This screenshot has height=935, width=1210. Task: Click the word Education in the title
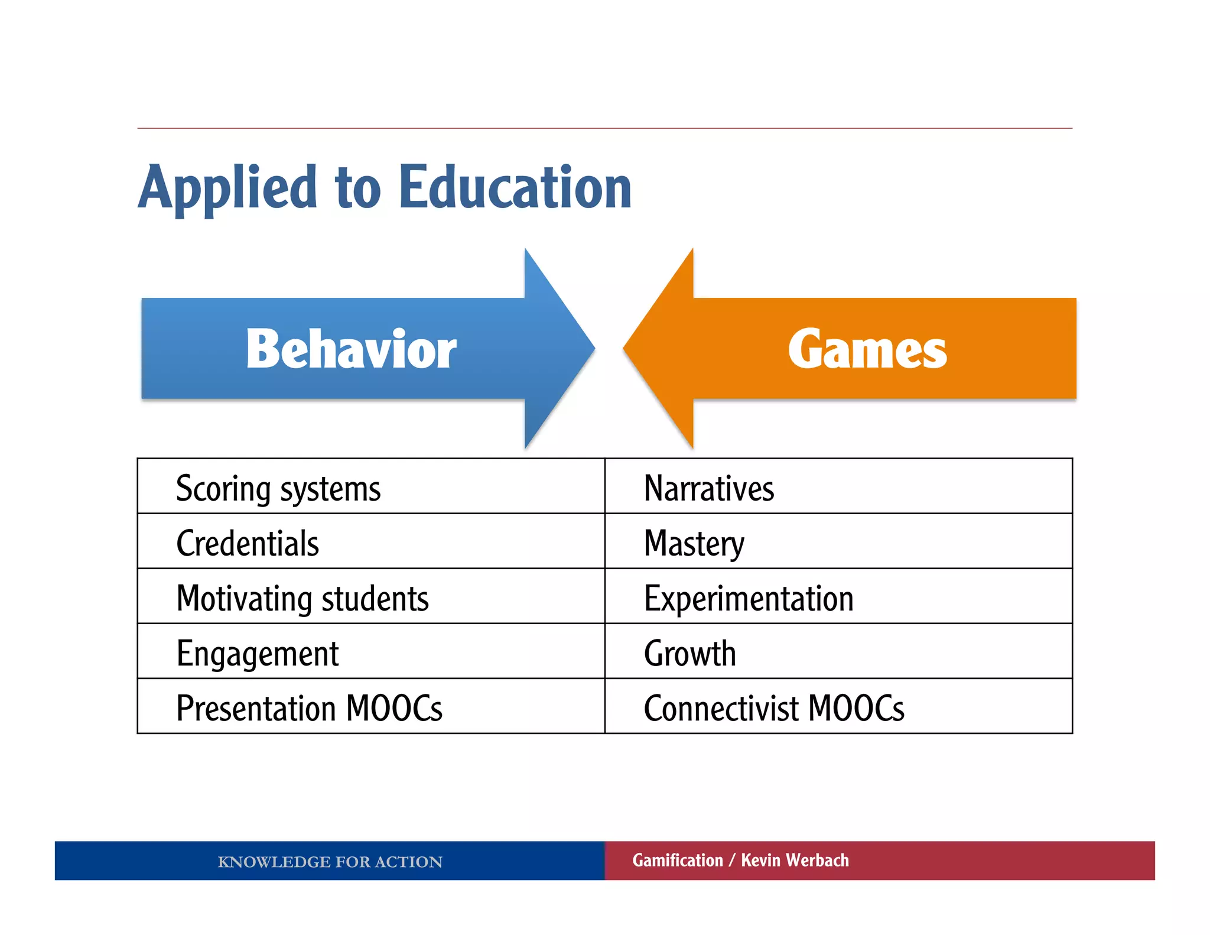pos(515,188)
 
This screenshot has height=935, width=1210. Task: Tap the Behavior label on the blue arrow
pos(351,349)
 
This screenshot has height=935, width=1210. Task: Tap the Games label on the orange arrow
pos(867,349)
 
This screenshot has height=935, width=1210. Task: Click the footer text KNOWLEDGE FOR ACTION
pos(330,862)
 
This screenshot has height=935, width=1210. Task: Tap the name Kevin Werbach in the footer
pos(795,860)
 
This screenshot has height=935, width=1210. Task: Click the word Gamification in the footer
pos(678,860)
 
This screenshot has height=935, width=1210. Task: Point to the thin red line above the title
pos(604,128)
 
